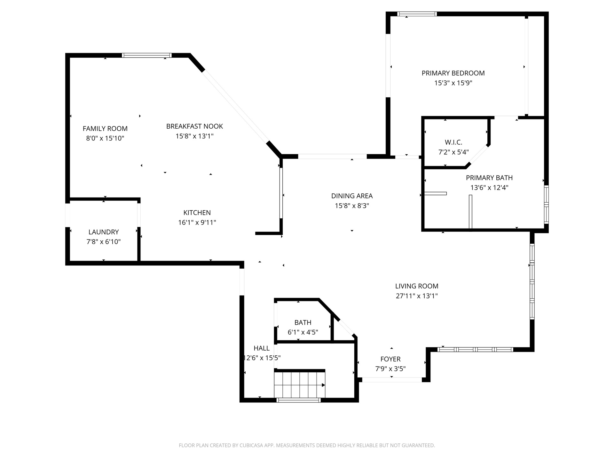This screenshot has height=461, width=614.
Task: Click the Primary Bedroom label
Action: pos(453,73)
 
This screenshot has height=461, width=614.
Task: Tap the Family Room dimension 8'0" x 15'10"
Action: pos(105,138)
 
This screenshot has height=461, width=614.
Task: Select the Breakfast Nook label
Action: pos(194,126)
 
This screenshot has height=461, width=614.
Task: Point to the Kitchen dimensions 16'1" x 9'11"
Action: pos(197,222)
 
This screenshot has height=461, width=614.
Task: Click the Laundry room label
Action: pos(104,232)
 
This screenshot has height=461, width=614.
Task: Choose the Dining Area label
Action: pos(352,196)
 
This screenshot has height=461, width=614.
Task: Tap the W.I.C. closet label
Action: pos(453,142)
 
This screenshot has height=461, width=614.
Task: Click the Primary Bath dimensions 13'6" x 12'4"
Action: pos(489,188)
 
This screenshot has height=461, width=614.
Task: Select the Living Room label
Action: pos(417,286)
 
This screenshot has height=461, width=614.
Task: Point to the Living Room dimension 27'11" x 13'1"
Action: pos(417,296)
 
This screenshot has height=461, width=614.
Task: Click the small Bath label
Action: pos(303,322)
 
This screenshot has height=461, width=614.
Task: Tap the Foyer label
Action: pos(390,359)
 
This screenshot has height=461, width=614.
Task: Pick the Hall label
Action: pos(262,348)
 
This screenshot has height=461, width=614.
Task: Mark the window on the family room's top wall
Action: pos(147,55)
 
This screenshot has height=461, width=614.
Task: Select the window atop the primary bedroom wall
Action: pos(417,14)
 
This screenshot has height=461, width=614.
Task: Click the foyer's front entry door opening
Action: pos(392,380)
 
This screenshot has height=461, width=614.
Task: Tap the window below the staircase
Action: pos(298,400)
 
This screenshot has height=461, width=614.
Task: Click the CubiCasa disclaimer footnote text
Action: pos(307,445)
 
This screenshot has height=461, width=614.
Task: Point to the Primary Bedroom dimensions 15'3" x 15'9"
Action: pos(453,83)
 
